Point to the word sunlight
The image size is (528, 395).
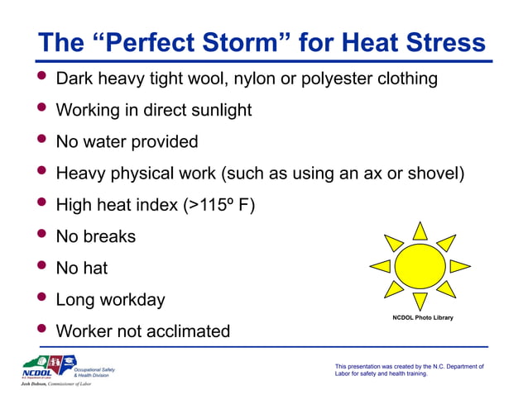click(216, 110)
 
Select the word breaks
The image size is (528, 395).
click(108, 236)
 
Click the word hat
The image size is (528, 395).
click(94, 268)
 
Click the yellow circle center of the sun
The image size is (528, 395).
click(420, 265)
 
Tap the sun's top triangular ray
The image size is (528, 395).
click(420, 231)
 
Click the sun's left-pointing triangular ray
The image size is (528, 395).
click(380, 266)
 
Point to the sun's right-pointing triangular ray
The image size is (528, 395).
click(460, 266)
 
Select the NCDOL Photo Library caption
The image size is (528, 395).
click(422, 318)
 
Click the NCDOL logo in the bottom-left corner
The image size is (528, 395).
click(50, 367)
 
